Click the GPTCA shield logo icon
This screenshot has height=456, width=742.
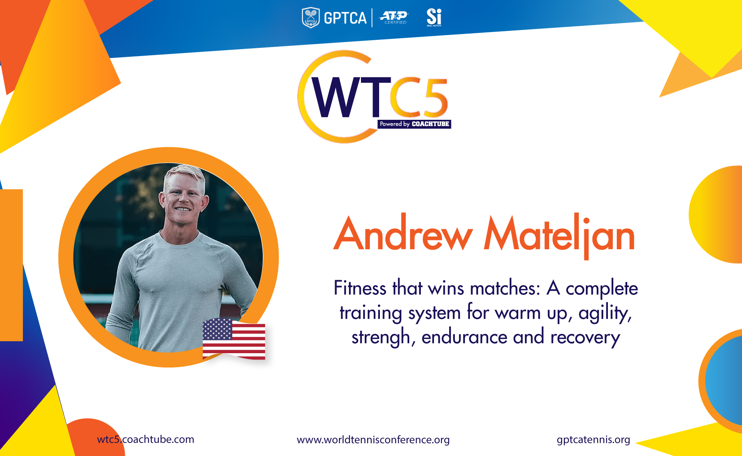310,18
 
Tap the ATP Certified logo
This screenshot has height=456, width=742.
394,18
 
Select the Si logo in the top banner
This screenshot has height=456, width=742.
434,17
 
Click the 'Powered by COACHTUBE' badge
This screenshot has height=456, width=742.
414,124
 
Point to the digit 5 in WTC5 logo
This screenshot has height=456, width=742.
435,97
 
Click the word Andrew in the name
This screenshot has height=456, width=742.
403,234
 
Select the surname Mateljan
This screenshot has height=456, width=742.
559,235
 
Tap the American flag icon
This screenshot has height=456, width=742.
234,339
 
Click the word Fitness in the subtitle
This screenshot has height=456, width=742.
360,288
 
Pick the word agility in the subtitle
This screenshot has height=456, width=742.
605,313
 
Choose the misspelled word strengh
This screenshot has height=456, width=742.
381,337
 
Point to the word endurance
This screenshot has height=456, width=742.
464,337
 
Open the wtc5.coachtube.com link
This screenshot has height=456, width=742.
146,439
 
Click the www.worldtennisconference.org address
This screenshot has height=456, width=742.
373,440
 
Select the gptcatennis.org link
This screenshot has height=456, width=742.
593,440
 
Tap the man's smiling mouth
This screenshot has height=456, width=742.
182,209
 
